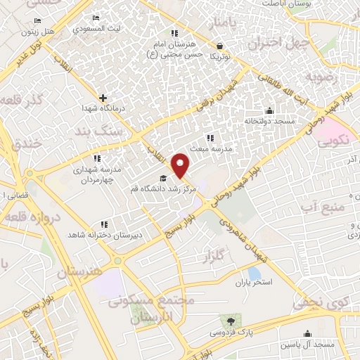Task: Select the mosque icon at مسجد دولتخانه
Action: point(269,110)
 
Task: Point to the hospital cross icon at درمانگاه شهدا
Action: point(103,98)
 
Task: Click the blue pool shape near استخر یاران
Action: point(254,274)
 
